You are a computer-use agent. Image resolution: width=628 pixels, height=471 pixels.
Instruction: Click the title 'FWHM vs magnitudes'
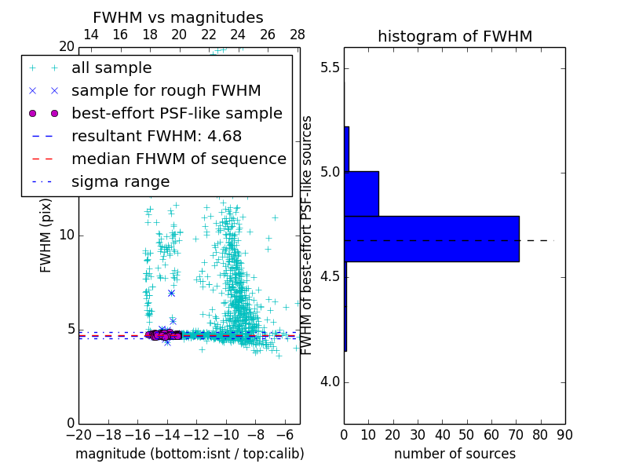(178, 17)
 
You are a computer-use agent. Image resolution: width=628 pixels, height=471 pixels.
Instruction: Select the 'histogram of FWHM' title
(455, 36)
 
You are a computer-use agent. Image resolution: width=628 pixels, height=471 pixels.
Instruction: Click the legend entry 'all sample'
(111, 68)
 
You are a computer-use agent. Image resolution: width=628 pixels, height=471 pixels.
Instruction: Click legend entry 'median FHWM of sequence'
(178, 159)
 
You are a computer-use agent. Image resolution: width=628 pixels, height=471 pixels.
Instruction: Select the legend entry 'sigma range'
(120, 182)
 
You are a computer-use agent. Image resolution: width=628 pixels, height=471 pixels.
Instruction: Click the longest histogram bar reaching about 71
(431, 239)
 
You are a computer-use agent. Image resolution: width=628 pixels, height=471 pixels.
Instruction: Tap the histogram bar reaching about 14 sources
(361, 193)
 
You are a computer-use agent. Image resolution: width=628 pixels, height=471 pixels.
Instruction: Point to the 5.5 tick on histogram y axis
(328, 68)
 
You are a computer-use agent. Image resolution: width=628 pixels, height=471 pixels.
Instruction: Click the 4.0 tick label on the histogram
(328, 382)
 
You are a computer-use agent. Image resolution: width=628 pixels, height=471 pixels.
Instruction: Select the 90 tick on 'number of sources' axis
(564, 433)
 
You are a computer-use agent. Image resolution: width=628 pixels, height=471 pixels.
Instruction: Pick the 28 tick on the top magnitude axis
(298, 35)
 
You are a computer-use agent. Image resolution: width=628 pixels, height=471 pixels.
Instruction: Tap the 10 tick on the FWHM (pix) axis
(67, 235)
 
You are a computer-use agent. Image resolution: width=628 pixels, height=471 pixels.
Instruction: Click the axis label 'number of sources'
(455, 454)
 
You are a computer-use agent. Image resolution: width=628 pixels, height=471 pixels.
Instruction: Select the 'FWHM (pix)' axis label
(46, 235)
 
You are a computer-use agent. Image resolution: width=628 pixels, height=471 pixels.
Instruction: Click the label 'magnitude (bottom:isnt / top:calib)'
(189, 454)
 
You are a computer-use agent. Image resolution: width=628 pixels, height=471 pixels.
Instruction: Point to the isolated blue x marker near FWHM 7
(171, 293)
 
